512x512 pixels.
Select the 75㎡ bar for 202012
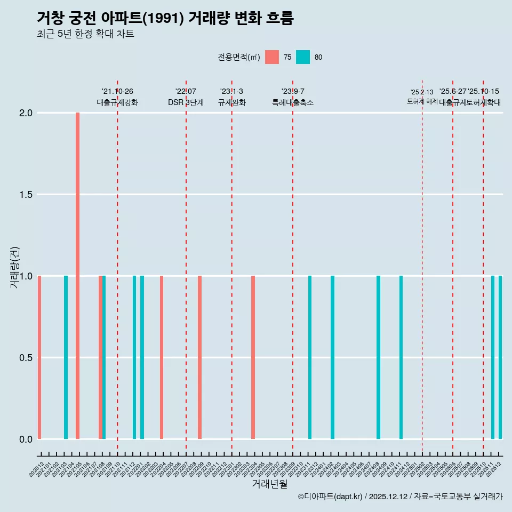click(39, 357)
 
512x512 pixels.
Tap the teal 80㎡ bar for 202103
click(66, 357)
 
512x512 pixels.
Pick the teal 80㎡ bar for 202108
click(104, 357)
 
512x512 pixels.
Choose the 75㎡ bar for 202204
click(162, 357)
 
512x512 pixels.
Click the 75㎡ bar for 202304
click(253, 357)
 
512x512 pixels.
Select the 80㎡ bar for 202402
click(332, 357)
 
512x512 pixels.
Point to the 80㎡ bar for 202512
click(500, 357)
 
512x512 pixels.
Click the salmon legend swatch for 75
click(272, 57)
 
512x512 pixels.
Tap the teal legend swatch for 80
click(303, 57)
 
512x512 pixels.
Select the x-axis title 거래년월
click(269, 484)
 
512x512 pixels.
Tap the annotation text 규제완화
click(231, 102)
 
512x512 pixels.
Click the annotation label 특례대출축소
click(293, 102)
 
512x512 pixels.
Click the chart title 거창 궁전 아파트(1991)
click(165, 18)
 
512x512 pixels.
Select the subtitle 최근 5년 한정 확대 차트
click(85, 34)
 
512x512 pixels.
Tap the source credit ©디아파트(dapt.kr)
click(330, 497)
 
